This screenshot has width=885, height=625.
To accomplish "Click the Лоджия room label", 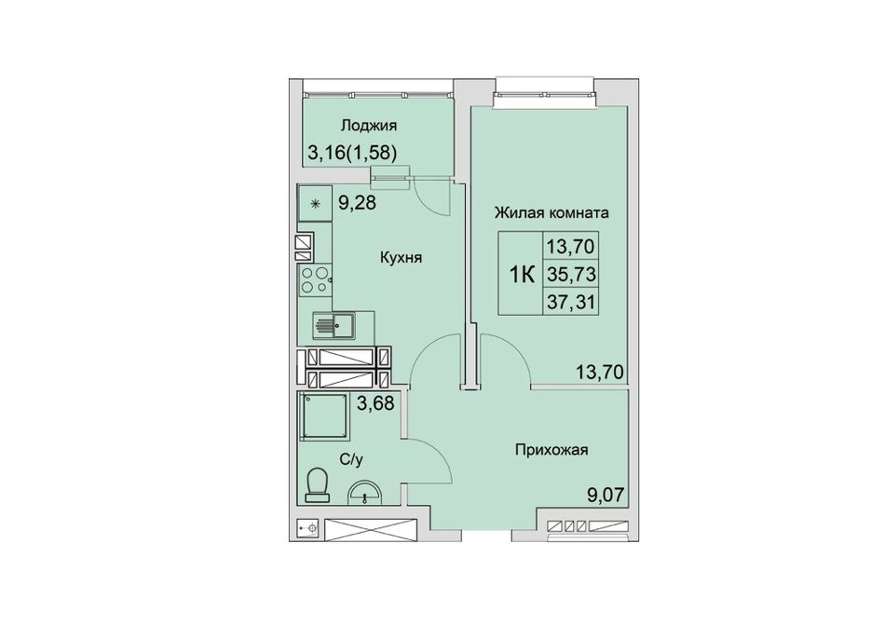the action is (x=369, y=126).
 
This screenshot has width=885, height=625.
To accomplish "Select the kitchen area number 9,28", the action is (x=357, y=202).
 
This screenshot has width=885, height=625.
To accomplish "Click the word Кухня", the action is (x=402, y=258).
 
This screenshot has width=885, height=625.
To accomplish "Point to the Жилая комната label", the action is (x=551, y=213).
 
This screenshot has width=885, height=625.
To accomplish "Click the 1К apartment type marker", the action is (x=522, y=276).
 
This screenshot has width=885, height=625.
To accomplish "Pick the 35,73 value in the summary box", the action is (x=571, y=274).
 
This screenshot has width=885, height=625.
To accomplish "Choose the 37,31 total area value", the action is (x=571, y=303).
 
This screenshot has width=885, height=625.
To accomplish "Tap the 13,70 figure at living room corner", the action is (x=599, y=372).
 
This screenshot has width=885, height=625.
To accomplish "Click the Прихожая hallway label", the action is (x=551, y=450).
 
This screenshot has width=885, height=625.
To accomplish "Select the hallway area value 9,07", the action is (x=606, y=496).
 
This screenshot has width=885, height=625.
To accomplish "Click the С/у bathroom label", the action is (x=351, y=460).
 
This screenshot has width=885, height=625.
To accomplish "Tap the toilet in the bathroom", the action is (x=318, y=484).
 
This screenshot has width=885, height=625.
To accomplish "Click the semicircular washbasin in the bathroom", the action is (x=365, y=492).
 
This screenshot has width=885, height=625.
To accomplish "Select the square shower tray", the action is (x=324, y=416).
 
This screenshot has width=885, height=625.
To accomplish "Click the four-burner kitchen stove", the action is (x=314, y=280).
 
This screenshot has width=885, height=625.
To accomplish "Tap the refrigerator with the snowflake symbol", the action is (x=314, y=204).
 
